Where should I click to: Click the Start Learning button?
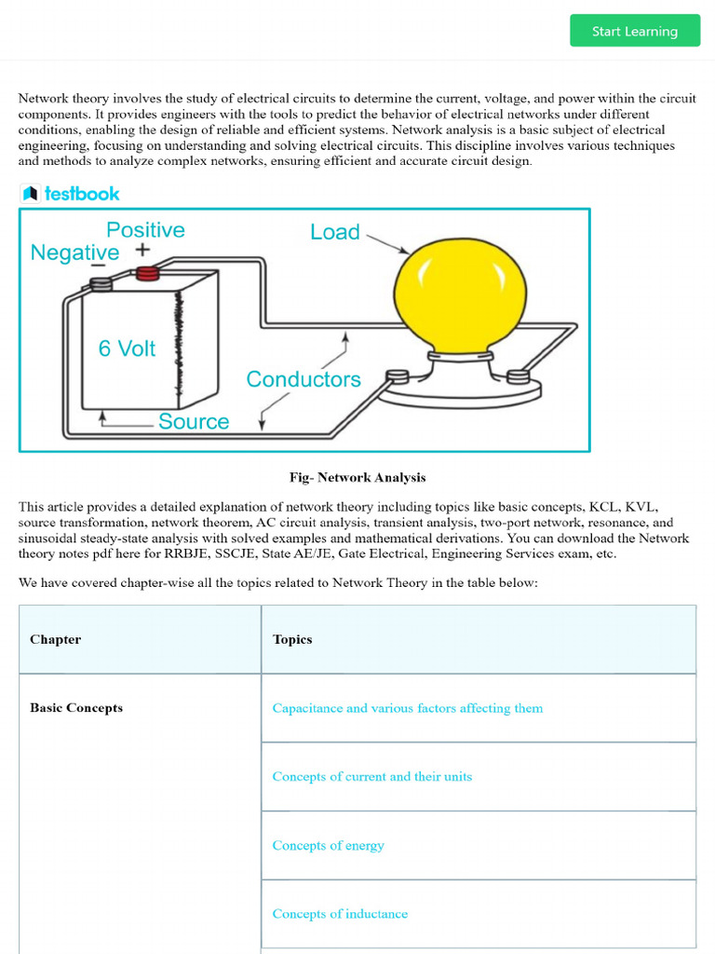pos(635,31)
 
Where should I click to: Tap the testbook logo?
pos(71,194)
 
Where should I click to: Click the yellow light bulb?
pos(460,293)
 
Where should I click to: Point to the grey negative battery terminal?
pos(101,283)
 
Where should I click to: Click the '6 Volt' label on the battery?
pos(127,348)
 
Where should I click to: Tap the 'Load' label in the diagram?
pos(335,232)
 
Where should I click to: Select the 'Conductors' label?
pos(303,379)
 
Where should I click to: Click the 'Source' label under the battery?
pos(194,421)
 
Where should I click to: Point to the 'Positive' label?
pos(145,229)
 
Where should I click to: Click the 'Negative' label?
pos(74,252)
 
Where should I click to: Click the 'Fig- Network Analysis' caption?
pos(357,477)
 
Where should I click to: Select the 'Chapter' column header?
pos(55,639)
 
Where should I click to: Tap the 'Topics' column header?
pos(292,639)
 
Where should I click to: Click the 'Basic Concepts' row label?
pos(76,708)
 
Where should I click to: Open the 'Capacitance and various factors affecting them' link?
pos(407,708)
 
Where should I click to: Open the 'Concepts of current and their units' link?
pos(371,776)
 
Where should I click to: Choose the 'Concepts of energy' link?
pos(328,845)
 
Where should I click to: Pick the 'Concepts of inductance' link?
pos(340,914)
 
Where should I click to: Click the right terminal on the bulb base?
pos(518,376)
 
